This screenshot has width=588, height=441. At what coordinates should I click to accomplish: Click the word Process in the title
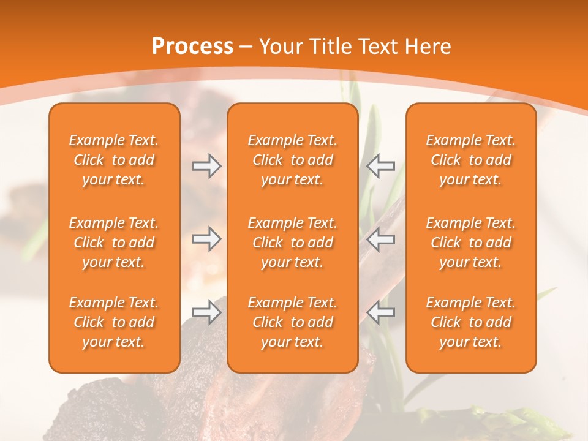(192, 47)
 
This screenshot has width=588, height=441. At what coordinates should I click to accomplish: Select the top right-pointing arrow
(206, 165)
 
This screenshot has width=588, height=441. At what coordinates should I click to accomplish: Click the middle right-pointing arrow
(206, 239)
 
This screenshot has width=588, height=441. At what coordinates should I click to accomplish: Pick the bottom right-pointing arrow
(206, 312)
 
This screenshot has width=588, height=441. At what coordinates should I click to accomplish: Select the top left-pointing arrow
(381, 165)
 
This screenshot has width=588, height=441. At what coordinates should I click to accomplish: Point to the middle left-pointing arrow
(381, 239)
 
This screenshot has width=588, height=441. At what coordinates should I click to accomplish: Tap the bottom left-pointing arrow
(381, 312)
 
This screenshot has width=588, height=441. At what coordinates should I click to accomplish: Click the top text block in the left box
(114, 160)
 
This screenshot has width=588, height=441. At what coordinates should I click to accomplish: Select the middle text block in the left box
(114, 243)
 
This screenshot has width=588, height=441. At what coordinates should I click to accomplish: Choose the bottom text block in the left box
(114, 322)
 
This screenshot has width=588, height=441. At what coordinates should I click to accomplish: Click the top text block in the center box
(293, 160)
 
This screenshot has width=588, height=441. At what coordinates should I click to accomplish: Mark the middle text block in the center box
(293, 243)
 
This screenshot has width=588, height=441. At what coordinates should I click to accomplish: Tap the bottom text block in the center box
(293, 322)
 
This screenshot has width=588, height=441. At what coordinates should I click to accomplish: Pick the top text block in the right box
(471, 160)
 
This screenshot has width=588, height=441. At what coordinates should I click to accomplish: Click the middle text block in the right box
(471, 243)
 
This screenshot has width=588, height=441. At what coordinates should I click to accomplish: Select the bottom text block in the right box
(471, 322)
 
